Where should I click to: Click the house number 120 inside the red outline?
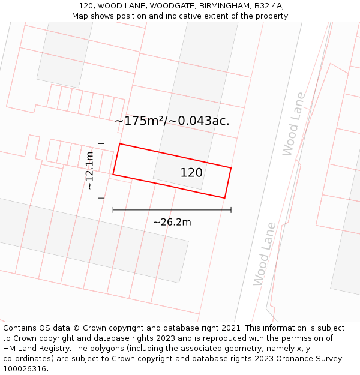[x=191, y=173]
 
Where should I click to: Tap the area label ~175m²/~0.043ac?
[x=172, y=121]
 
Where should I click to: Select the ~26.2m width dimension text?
[x=172, y=223]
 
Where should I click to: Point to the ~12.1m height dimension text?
[x=89, y=171]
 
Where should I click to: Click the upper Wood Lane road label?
[x=294, y=124]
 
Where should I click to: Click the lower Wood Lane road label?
[x=264, y=254]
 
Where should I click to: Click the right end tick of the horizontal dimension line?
[x=231, y=210]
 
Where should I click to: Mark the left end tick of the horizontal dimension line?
[x=113, y=210]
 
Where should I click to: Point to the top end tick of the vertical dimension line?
[x=101, y=144]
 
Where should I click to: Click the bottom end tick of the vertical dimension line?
[x=101, y=197]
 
